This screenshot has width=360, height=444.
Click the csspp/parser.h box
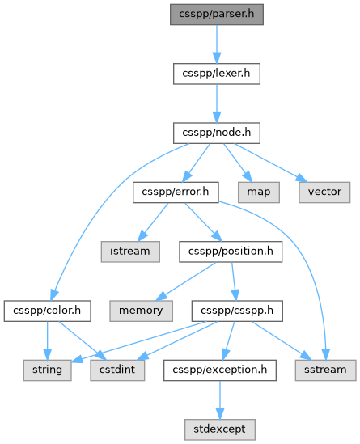tap(217, 15)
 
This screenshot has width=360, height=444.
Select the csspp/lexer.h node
tap(217, 74)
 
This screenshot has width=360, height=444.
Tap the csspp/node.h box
tap(217, 133)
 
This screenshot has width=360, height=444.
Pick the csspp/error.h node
tap(176, 192)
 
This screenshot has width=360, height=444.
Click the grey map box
tap(259, 192)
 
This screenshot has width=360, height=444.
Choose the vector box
tap(324, 192)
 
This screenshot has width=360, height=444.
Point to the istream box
tap(130, 252)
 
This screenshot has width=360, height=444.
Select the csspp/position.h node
tap(231, 252)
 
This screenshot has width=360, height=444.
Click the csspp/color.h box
tap(47, 311)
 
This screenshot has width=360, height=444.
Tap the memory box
tap(141, 311)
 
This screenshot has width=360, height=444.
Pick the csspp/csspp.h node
tap(237, 311)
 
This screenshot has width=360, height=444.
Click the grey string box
tap(47, 370)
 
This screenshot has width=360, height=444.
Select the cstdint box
tap(117, 370)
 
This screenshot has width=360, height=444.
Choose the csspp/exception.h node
tap(220, 370)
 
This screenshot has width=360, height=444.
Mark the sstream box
tap(326, 370)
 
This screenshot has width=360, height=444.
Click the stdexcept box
tap(220, 429)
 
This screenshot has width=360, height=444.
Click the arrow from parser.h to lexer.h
tap(217, 44)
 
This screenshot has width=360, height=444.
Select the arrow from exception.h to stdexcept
tap(220, 400)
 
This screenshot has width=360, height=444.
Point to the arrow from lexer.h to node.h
tap(217, 104)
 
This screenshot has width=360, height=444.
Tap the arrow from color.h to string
tap(47, 340)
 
